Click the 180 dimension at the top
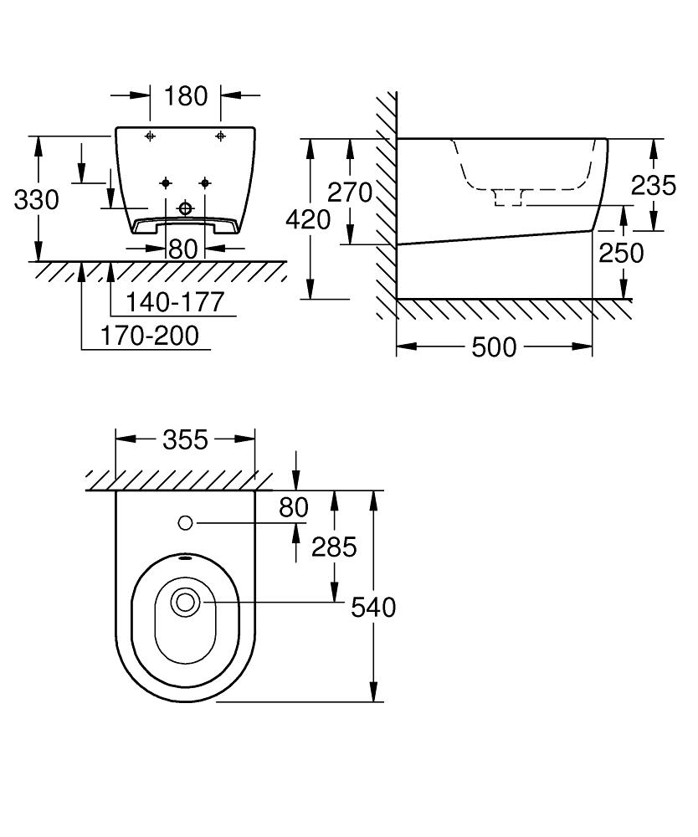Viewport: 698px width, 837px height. [x=186, y=96]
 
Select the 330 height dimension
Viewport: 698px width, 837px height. [x=37, y=200]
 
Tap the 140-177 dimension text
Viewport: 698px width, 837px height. [x=175, y=302]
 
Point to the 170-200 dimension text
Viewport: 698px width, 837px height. [x=150, y=336]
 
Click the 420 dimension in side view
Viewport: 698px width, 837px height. [x=308, y=219]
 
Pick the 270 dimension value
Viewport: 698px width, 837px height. [x=349, y=193]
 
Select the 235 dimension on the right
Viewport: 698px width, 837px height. [x=654, y=185]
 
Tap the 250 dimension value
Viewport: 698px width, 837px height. [x=621, y=252]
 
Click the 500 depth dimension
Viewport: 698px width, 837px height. [x=494, y=347]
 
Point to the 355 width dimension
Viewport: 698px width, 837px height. [x=185, y=439]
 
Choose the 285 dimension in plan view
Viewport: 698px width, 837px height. [x=334, y=547]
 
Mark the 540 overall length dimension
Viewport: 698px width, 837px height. [x=373, y=607]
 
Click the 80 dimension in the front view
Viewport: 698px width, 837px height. [x=182, y=249]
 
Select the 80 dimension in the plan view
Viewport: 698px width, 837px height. [x=294, y=507]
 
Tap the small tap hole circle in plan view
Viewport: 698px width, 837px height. [x=186, y=523]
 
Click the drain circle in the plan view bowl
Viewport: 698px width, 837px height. [x=185, y=602]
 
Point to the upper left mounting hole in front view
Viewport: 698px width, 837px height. [x=150, y=136]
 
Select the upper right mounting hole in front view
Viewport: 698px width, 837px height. [x=221, y=136]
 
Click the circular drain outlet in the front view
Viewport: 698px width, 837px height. [x=186, y=208]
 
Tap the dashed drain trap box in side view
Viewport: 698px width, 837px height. [x=508, y=198]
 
